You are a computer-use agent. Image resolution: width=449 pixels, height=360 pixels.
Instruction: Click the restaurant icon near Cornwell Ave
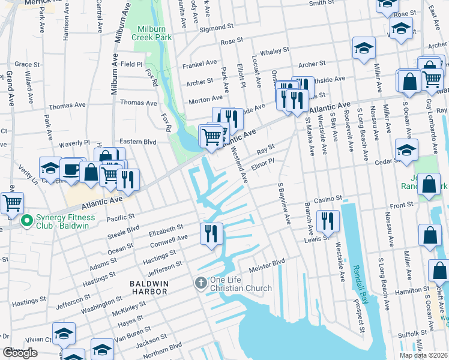pyautogui.click(x=211, y=233)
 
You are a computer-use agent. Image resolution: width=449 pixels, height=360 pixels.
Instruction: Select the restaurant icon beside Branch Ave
pyautogui.click(x=328, y=220)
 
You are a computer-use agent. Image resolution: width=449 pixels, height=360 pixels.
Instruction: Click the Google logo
pyautogui.click(x=20, y=353)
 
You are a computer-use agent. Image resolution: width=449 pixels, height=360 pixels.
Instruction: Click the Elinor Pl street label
pyautogui.click(x=263, y=163)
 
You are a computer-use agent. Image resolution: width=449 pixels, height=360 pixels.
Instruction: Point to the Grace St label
pyautogui.click(x=27, y=64)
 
